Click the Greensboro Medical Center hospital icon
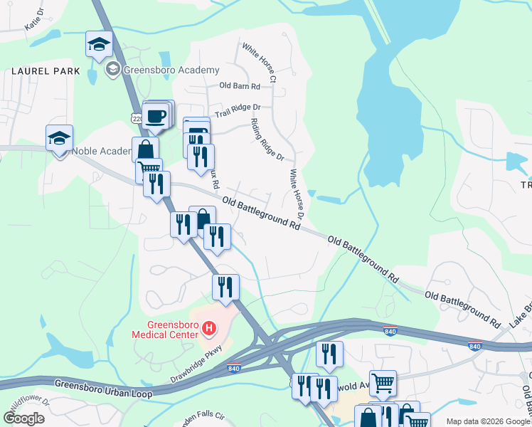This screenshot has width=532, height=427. [x=209, y=328]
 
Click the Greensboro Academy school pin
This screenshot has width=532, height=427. [x=112, y=70]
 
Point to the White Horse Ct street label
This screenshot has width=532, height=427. [x=259, y=62]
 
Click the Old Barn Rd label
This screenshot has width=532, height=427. [x=240, y=86]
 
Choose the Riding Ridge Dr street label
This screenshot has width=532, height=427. [x=267, y=139]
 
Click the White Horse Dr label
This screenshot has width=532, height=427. [x=297, y=194]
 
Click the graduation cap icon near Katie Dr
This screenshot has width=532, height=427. [x=99, y=44]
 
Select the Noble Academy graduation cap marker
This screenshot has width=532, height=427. [x=60, y=138]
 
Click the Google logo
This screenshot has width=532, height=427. [x=24, y=418]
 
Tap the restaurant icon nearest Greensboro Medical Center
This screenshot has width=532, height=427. [x=225, y=288]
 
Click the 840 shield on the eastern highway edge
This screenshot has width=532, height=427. [x=474, y=347]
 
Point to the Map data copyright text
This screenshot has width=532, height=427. [x=488, y=421]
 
